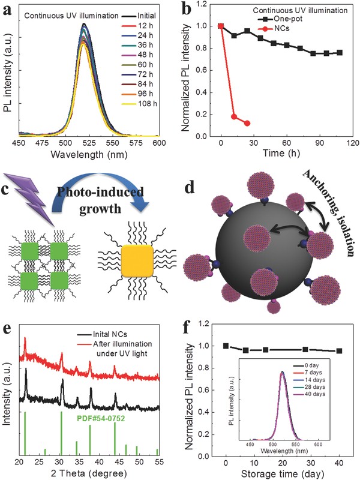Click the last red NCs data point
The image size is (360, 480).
pyautogui.click(x=247, y=124)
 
